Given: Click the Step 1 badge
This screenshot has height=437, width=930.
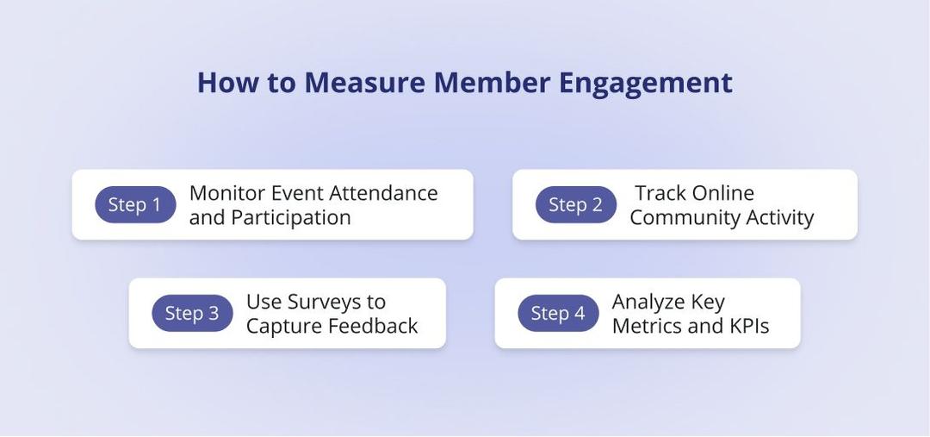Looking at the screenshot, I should pos(135,205).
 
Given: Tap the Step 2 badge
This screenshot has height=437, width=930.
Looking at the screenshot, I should pos(576,205).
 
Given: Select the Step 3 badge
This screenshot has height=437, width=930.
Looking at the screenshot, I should pos(192,314).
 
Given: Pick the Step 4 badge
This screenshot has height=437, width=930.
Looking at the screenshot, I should pos(558,314).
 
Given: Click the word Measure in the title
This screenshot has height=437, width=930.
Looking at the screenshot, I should pos(364,83).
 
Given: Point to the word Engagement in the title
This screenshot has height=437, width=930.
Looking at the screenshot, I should pos(645,83).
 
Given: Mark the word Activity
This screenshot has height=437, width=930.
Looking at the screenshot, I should pos(778,217).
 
